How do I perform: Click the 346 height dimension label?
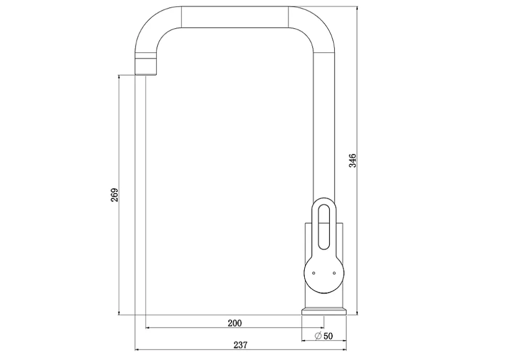point(352,161)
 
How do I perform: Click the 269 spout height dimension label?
point(115,195)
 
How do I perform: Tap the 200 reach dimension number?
point(235,323)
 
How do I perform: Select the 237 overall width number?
point(240,345)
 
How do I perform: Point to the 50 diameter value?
point(328,336)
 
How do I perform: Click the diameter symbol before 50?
point(318,336)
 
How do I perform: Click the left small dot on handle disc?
point(314,273)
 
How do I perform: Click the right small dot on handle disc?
point(334,273)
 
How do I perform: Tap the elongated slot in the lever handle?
point(324,228)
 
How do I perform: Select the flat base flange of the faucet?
point(324,311)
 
